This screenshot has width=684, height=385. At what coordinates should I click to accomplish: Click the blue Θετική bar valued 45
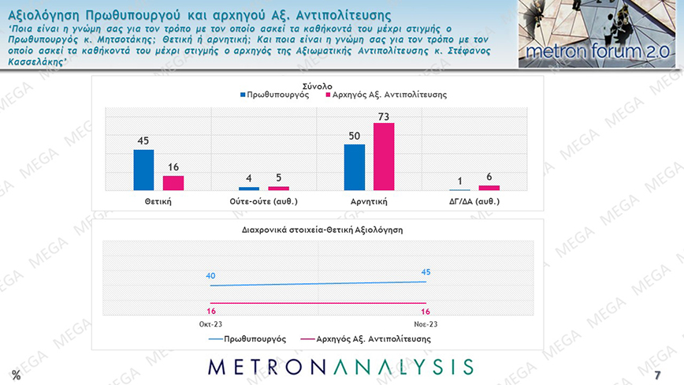[143, 170]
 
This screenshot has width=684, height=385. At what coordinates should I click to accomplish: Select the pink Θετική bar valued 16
[173, 182]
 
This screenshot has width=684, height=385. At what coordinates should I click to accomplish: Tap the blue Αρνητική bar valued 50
[355, 167]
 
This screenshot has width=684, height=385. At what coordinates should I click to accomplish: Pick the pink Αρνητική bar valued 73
[384, 156]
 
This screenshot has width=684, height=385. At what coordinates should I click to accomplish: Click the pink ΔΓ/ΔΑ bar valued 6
[489, 188]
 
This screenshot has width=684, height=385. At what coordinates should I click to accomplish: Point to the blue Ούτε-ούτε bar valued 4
[249, 189]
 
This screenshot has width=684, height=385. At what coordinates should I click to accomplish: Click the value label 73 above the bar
[384, 117]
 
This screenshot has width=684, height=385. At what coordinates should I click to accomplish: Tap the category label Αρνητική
[369, 201]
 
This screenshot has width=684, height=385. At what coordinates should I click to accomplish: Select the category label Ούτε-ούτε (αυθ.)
[264, 201]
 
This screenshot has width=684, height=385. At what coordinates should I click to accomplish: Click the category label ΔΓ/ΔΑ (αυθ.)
[475, 201]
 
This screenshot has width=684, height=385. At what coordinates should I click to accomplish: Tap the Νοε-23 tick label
[426, 323]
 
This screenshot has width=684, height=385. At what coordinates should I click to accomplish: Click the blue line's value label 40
[210, 276]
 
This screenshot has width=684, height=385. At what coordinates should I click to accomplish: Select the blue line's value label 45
[426, 272]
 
